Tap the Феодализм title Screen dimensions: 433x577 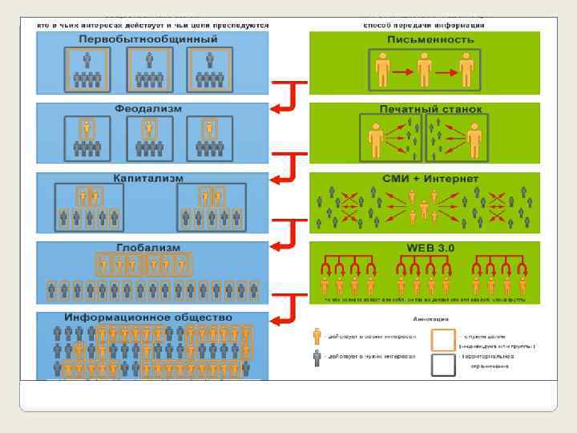(x=147, y=108)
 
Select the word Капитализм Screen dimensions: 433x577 (x=147, y=177)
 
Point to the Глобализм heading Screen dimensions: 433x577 (x=147, y=248)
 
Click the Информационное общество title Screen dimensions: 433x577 (x=148, y=318)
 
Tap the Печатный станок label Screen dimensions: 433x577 (x=430, y=108)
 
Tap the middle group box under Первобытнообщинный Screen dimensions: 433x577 (x=147, y=70)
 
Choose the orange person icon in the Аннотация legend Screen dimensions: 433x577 (x=317, y=335)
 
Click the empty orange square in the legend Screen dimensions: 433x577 (x=444, y=341)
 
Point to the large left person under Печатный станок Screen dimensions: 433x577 (x=375, y=140)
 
